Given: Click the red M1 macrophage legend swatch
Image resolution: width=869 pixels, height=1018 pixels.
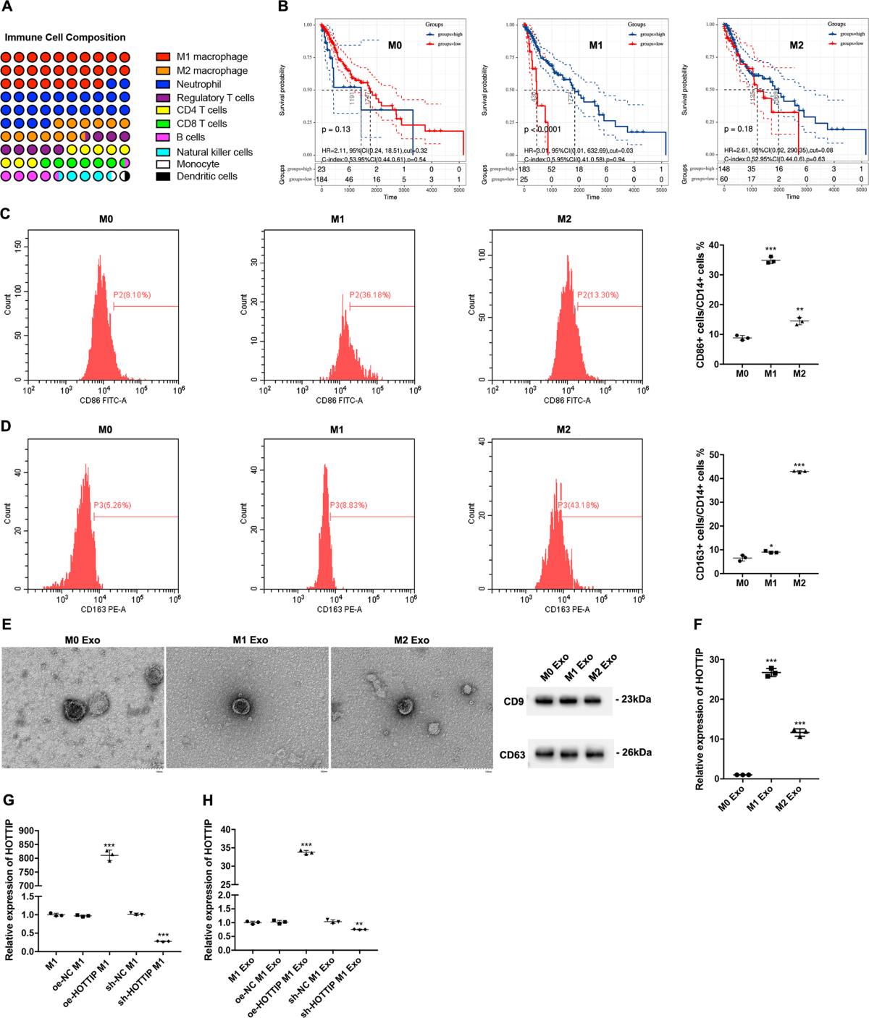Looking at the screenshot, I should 164,56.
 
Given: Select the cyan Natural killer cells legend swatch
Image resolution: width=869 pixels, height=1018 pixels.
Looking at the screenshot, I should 164,152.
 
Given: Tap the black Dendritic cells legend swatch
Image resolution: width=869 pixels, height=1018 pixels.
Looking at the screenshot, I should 164,176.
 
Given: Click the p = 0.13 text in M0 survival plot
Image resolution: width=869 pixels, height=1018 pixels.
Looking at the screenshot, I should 336,130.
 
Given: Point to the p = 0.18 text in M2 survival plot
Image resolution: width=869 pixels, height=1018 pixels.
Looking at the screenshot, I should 739,130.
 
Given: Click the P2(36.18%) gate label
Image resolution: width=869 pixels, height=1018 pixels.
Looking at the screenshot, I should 369,295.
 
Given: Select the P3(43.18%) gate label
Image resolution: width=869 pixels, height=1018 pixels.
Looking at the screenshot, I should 576,505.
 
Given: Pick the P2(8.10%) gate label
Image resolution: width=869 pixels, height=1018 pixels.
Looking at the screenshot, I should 132,295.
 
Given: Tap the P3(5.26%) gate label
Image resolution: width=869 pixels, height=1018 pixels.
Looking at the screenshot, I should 112,505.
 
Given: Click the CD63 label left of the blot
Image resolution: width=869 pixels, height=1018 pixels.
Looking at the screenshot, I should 512,755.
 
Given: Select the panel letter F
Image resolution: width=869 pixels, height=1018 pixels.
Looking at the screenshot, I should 697,624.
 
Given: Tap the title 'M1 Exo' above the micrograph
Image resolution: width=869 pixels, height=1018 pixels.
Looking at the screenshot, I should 250,640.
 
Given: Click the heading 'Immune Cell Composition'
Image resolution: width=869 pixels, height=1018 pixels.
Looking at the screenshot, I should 65,38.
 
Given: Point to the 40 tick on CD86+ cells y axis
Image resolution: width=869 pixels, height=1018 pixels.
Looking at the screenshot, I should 713,245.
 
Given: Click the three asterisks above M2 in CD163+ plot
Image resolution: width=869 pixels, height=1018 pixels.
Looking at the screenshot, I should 799,465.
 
